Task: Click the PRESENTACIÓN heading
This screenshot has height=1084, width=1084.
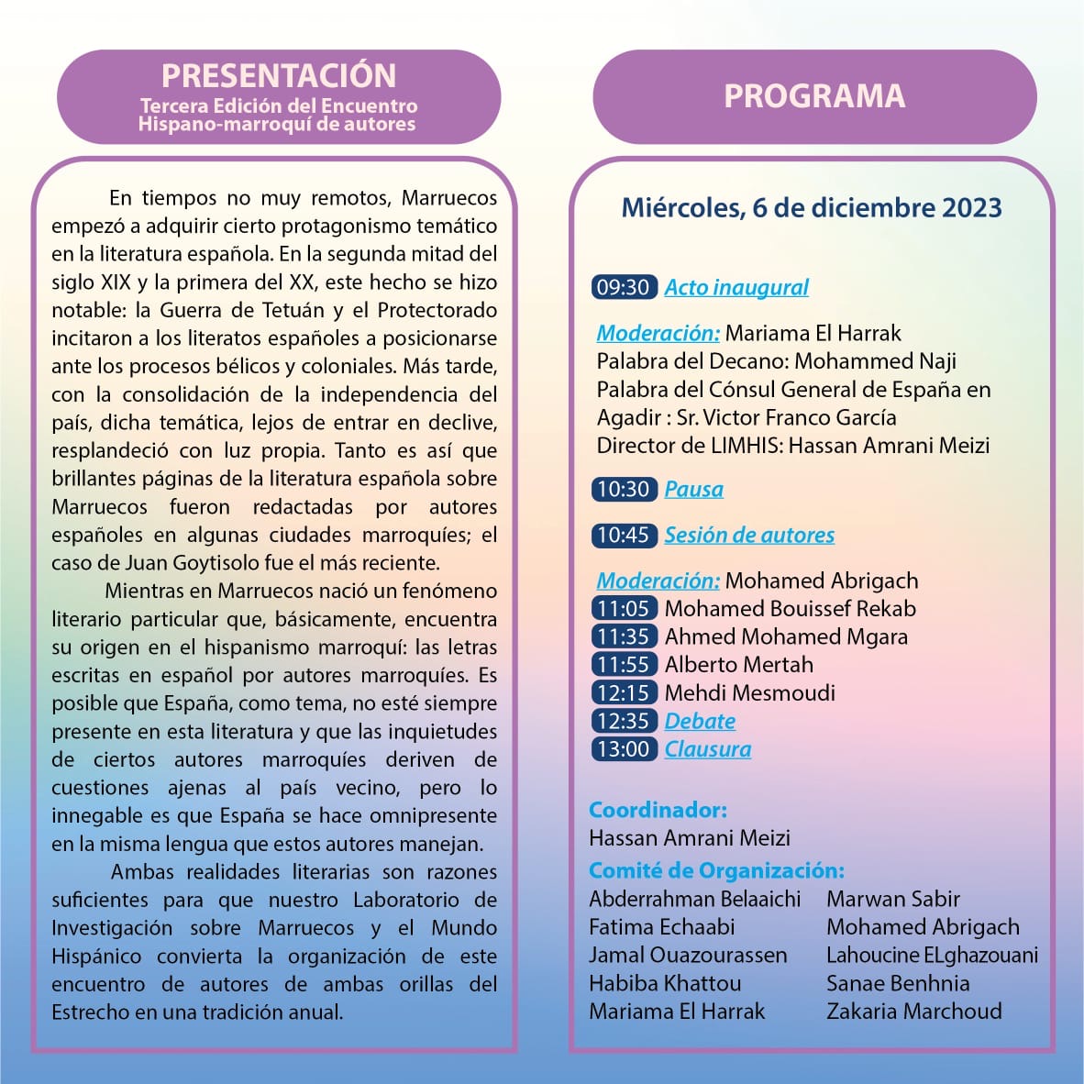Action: pyautogui.click(x=279, y=75)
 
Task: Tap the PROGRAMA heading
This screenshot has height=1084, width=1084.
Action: pyautogui.click(x=814, y=96)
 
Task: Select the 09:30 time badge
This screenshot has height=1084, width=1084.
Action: pyautogui.click(x=624, y=287)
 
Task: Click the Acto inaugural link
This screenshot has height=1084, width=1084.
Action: pyautogui.click(x=736, y=287)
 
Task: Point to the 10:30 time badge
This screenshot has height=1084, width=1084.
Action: pyautogui.click(x=624, y=489)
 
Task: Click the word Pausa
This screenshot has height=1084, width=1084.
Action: pyautogui.click(x=693, y=489)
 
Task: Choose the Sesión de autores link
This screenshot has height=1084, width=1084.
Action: pyautogui.click(x=749, y=535)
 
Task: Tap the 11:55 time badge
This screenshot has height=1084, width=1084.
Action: pyautogui.click(x=624, y=664)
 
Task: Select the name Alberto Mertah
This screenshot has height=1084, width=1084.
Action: pyautogui.click(x=738, y=664)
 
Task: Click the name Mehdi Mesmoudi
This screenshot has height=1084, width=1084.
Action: pyautogui.click(x=749, y=692)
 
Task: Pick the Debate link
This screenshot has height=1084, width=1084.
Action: pyautogui.click(x=700, y=721)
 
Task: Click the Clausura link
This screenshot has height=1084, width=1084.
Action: pyautogui.click(x=707, y=749)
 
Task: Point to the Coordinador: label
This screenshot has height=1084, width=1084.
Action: pyautogui.click(x=658, y=810)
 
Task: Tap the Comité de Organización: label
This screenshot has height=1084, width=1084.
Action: pyautogui.click(x=716, y=870)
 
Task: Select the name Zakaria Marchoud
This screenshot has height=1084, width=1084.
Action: pyautogui.click(x=913, y=1011)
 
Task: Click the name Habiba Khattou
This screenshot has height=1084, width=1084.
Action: pyautogui.click(x=665, y=983)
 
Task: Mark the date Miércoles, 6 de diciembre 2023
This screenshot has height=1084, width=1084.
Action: pyautogui.click(x=812, y=208)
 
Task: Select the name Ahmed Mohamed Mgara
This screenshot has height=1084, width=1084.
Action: pyautogui.click(x=786, y=636)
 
